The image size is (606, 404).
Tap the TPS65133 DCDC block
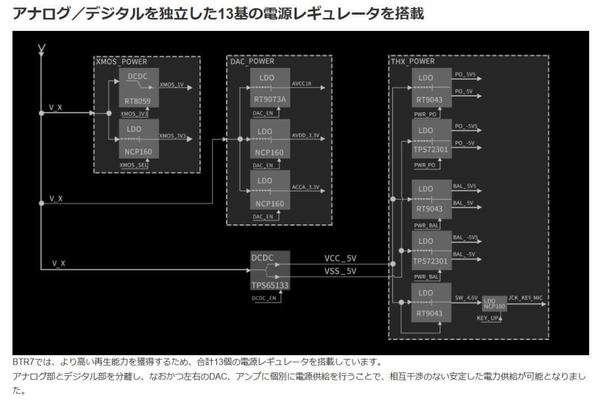point(270,270)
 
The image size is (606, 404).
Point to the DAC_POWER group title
point(252,62)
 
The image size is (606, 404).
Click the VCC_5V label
point(340,259)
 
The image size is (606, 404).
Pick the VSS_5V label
point(340,272)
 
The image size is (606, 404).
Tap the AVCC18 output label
point(301,84)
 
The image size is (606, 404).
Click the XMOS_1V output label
point(172,85)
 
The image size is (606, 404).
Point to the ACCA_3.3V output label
point(305,187)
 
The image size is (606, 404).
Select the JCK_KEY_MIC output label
point(525,297)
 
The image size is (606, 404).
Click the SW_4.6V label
point(465,298)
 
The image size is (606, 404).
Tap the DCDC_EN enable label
point(264,299)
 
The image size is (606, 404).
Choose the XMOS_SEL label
point(134,165)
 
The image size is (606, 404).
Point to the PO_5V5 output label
point(465,75)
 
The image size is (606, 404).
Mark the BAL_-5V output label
point(464,255)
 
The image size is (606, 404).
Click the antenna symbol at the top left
point(41,50)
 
